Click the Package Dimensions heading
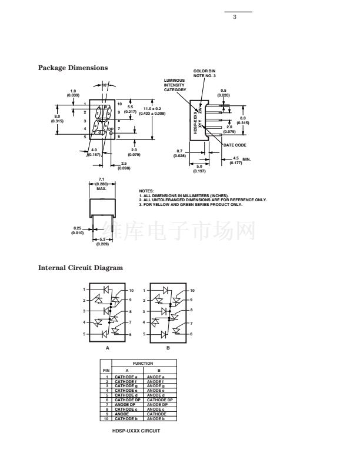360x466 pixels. [x=73, y=68]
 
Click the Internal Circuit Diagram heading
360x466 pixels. [x=81, y=268]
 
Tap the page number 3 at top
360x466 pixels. [x=234, y=16]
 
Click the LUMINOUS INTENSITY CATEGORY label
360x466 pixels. [x=175, y=85]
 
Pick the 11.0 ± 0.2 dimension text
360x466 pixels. [x=152, y=109]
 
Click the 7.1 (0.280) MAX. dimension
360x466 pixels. [x=101, y=184]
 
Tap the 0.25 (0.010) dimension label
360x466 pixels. [x=78, y=230]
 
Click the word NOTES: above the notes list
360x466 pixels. [x=146, y=192]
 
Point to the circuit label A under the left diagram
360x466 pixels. [x=108, y=348]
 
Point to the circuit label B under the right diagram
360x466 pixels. [x=168, y=348]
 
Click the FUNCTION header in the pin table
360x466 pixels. [x=142, y=364]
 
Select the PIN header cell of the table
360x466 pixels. [x=106, y=370]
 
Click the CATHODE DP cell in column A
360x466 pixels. [x=127, y=400]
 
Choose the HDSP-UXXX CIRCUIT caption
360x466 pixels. [x=136, y=430]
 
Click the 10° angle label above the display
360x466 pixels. [x=105, y=86]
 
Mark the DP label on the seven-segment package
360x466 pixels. [x=110, y=128]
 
